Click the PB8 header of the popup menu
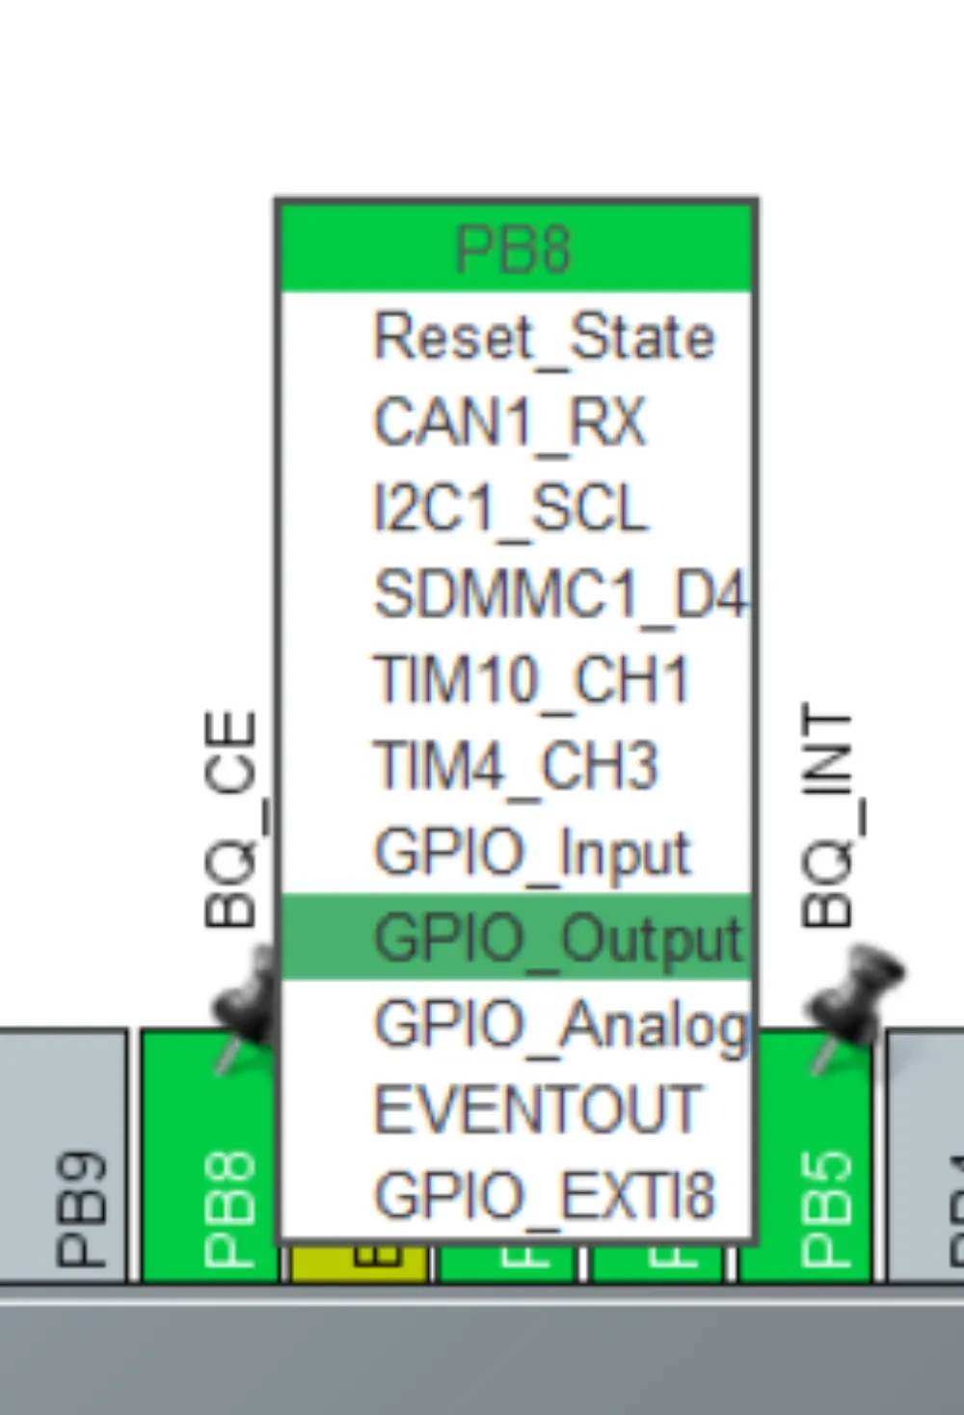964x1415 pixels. pos(515,249)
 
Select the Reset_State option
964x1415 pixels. pos(544,337)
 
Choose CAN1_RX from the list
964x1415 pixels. pos(509,422)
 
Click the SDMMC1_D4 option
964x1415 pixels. pos(559,594)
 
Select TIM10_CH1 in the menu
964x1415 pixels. pos(532,680)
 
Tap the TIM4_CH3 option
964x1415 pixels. pos(517,766)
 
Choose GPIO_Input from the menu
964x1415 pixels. pos(532,853)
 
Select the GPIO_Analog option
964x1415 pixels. pos(559,1023)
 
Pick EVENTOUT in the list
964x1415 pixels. pos(536,1109)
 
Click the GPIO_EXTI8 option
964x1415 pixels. pos(544,1196)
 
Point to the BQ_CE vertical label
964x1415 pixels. pos(231,820)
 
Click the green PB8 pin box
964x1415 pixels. pos(208,1157)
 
